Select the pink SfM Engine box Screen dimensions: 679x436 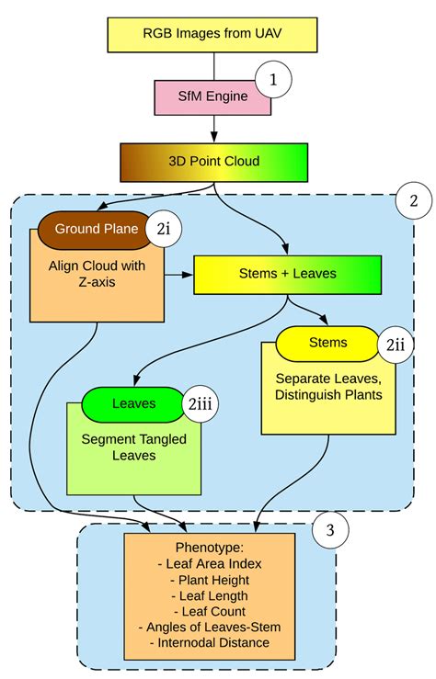(212, 96)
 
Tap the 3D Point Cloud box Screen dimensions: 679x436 (213, 161)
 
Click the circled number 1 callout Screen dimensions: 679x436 (272, 81)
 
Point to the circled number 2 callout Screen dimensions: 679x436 (412, 200)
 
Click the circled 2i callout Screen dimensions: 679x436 (163, 231)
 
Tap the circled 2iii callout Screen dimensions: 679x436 (200, 402)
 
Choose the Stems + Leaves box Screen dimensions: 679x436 (288, 274)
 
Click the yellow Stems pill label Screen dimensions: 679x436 (328, 343)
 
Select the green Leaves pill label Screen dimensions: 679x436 (133, 402)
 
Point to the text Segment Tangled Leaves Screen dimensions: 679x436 (133, 447)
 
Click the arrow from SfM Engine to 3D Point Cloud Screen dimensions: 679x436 (213, 128)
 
